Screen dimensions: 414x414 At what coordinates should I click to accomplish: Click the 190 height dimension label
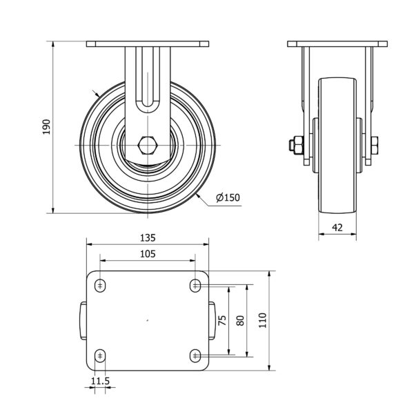46,127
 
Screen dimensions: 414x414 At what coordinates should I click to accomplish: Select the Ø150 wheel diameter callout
228,197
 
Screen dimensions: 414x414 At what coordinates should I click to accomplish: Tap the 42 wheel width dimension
337,227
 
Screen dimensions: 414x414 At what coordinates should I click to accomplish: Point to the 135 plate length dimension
148,238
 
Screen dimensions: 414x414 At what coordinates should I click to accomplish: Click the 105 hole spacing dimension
148,254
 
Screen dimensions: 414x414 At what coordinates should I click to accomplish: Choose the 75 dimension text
222,320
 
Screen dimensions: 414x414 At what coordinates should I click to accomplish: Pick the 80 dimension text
240,320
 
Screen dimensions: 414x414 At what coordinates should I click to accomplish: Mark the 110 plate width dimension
262,320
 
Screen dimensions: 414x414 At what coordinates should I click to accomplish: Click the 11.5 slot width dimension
100,381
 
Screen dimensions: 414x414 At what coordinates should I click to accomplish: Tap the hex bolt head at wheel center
148,145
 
